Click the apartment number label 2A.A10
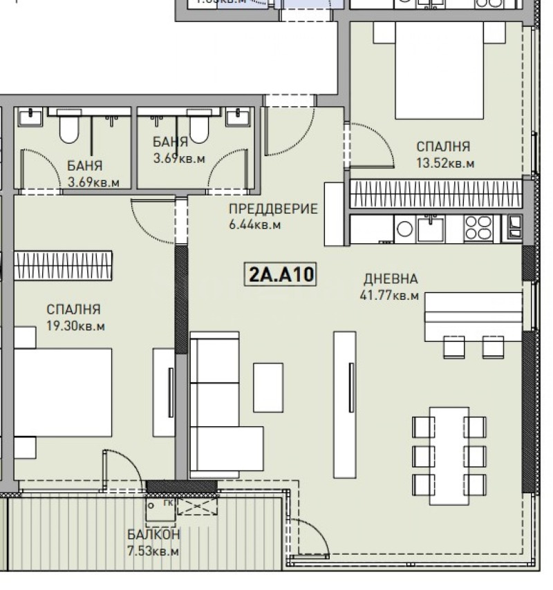281,274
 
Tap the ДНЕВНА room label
391,280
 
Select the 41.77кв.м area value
389,296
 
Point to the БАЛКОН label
153,535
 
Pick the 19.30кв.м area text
76,326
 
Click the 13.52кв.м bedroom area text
444,163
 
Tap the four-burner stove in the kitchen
478,227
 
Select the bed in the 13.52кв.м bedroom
438,69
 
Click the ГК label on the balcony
167,504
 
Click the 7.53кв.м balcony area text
153,551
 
